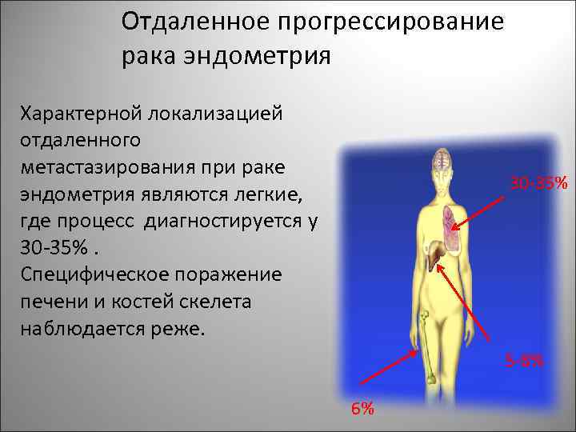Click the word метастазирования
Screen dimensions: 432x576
coord(118,166)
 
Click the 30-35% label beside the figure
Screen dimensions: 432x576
coord(539,185)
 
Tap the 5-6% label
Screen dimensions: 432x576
coord(524,362)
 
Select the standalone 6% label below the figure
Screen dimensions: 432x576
coord(362,410)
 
